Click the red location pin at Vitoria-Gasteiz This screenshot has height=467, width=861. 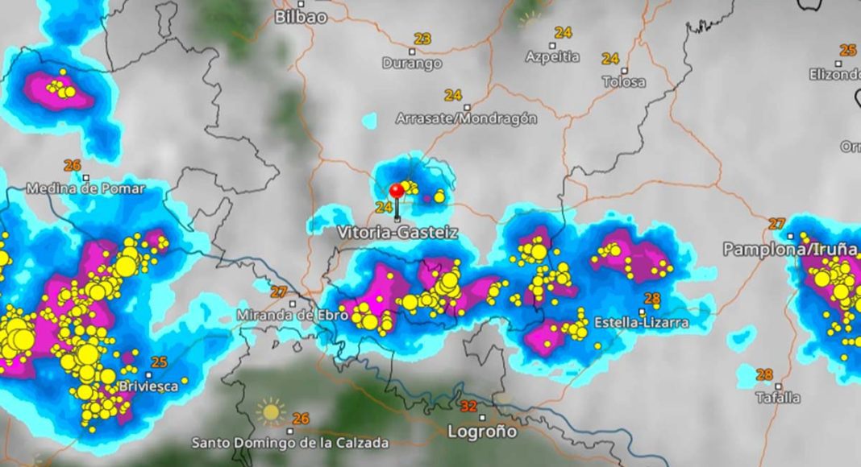(x=397, y=191)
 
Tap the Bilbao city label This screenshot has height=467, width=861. (x=301, y=17)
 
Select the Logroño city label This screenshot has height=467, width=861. (x=482, y=432)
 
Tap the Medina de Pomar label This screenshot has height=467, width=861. (x=85, y=188)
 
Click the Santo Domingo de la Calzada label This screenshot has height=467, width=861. (x=289, y=443)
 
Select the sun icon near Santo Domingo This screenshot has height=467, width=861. (x=271, y=412)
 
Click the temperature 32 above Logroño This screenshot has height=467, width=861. (x=468, y=406)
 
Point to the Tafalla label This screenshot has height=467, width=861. (x=778, y=397)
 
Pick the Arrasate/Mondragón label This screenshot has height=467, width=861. (x=466, y=118)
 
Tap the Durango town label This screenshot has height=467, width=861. (x=411, y=63)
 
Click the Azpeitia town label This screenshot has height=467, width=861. (x=552, y=57)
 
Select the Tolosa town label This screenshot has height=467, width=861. (x=624, y=82)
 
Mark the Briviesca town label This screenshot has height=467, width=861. (x=148, y=386)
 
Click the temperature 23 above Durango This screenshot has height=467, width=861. (x=422, y=39)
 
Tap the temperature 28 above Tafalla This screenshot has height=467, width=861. (x=764, y=374)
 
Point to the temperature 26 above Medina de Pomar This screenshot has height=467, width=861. (x=73, y=166)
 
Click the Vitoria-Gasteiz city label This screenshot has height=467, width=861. (x=397, y=233)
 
